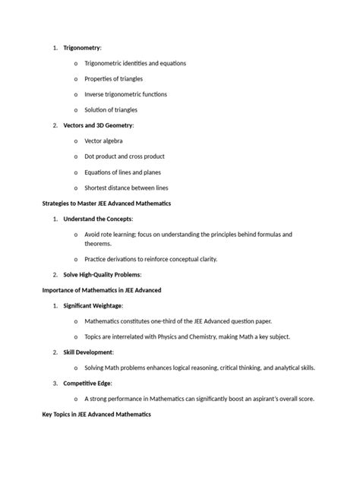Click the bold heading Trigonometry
81,48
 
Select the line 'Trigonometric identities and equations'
134,63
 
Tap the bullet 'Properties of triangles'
113,79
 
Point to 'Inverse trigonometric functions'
125,94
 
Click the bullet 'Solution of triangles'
111,110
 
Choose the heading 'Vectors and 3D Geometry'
98,125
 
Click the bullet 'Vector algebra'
103,141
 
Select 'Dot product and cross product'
124,156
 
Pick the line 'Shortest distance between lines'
126,188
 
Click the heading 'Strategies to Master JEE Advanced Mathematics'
106,204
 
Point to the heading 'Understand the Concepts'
98,219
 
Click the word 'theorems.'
98,244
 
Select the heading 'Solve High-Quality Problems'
102,274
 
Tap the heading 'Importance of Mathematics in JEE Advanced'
100,290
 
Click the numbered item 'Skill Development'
87,352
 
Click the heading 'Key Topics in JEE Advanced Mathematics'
96,415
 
